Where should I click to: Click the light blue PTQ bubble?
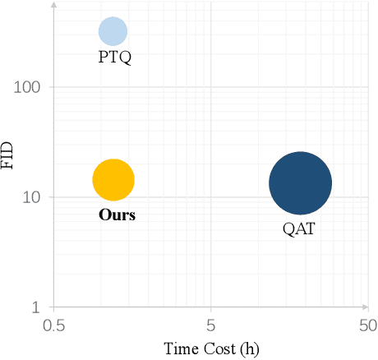pyautogui.click(x=113, y=31)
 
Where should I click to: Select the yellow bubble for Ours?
pyautogui.click(x=113, y=180)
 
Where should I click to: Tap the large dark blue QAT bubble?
pyautogui.click(x=301, y=183)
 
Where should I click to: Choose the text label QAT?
pyautogui.click(x=297, y=228)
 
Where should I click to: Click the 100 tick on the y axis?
pyautogui.click(x=30, y=87)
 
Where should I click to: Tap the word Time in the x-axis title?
pyautogui.click(x=181, y=348)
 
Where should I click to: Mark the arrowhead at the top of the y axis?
pyautogui.click(x=54, y=5)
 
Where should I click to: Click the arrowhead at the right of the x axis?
pyautogui.click(x=371, y=307)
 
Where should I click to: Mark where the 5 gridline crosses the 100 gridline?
pyautogui.click(x=211, y=87)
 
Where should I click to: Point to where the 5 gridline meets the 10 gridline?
pyautogui.click(x=211, y=197)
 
